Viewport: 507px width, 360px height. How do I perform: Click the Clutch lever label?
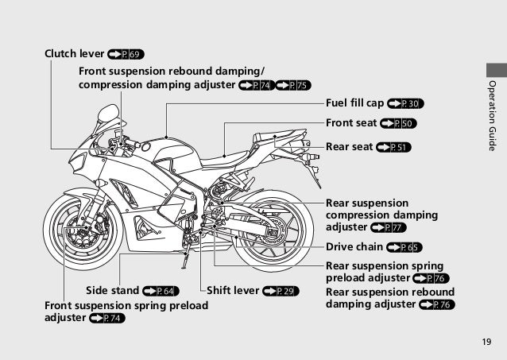pos(74,54)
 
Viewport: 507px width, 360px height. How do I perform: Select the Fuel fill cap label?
pos(354,103)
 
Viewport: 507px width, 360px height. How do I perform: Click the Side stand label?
pos(112,291)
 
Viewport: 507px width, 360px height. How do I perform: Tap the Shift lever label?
pos(233,291)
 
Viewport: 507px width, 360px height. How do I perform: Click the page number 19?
pos(486,343)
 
